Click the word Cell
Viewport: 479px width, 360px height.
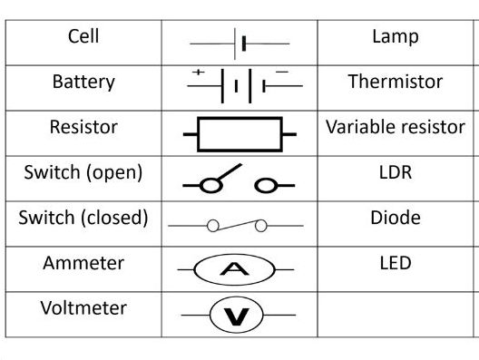tap(83, 37)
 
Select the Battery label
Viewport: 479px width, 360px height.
tap(83, 82)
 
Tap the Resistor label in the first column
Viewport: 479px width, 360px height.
tap(83, 127)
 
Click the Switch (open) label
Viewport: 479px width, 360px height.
tap(83, 172)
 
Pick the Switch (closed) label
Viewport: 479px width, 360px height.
tap(83, 218)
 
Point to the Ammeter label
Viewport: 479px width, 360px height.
tap(83, 263)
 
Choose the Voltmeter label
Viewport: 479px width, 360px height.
tap(83, 307)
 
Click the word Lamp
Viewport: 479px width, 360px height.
tap(396, 37)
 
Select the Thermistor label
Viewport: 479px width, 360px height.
tap(396, 82)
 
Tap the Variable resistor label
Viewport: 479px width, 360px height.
tap(396, 127)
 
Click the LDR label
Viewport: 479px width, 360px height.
tap(396, 172)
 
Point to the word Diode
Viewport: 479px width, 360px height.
tap(396, 218)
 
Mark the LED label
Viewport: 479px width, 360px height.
tap(396, 263)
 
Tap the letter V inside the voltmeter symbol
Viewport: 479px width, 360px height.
tap(239, 315)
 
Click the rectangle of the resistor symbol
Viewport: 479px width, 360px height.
tap(239, 135)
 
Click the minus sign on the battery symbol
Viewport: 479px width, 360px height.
tap(281, 72)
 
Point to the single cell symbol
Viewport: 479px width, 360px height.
tap(239, 43)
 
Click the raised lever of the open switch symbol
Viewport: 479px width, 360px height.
tap(227, 173)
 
